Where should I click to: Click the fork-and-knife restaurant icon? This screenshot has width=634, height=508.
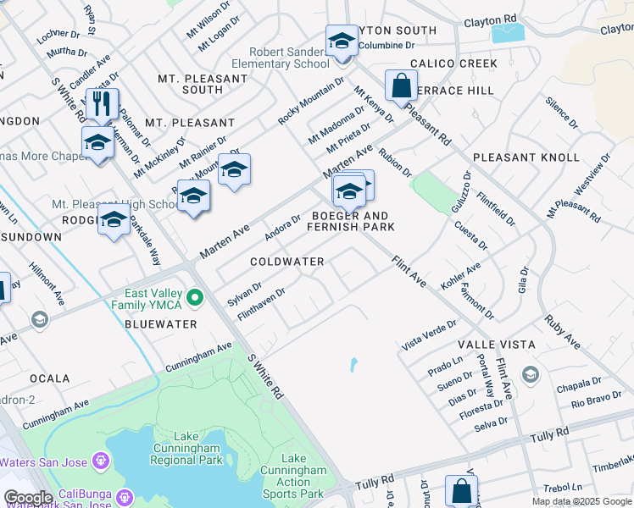pyautogui.click(x=102, y=104)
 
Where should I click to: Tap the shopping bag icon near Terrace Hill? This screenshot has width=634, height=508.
pyautogui.click(x=401, y=86)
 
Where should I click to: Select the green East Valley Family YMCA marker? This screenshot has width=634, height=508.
pyautogui.click(x=196, y=297)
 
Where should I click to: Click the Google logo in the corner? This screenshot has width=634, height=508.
pyautogui.click(x=28, y=498)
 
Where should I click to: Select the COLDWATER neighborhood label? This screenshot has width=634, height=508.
pyautogui.click(x=287, y=262)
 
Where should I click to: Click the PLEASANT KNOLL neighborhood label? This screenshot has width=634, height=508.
pyautogui.click(x=526, y=157)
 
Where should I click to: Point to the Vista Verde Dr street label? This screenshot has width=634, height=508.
pyautogui.click(x=429, y=334)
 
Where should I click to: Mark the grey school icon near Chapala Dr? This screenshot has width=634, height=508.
pyautogui.click(x=530, y=374)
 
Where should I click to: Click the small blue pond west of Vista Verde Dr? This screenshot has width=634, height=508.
pyautogui.click(x=352, y=366)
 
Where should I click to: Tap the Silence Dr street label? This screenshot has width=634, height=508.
pyautogui.click(x=561, y=113)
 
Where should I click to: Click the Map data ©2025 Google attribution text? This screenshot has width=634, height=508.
pyautogui.click(x=581, y=501)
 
